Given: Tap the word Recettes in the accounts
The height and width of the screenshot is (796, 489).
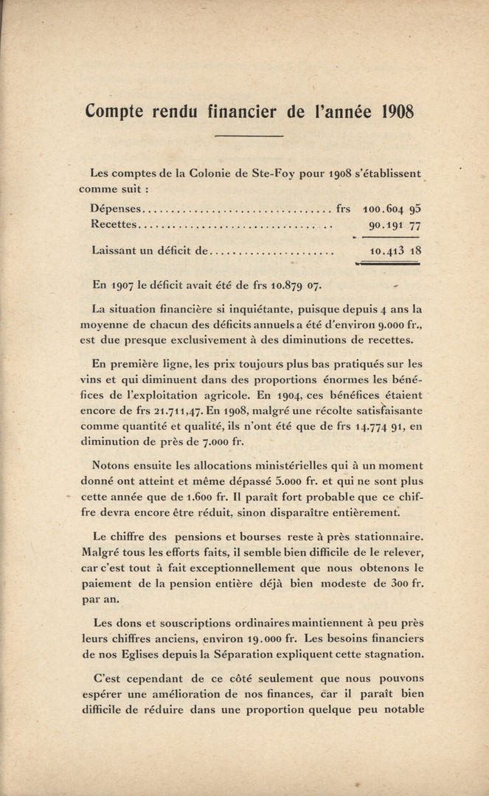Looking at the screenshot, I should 114,224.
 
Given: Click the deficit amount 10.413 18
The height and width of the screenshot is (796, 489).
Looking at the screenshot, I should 395,251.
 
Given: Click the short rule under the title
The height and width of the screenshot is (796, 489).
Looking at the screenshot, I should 248,137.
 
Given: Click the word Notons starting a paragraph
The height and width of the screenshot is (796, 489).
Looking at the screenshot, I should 112,465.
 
